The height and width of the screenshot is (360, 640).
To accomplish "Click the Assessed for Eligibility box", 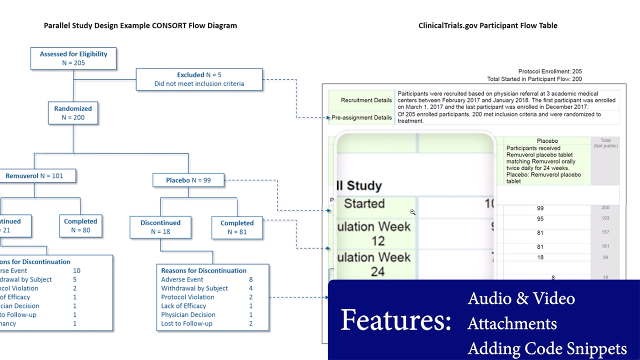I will [x=73, y=58].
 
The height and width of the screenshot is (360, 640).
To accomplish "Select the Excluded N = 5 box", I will [x=199, y=79].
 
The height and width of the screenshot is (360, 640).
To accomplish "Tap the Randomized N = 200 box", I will [x=73, y=113].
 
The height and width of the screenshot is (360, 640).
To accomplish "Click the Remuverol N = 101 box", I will [x=34, y=176].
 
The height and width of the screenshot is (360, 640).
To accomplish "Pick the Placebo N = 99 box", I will [x=188, y=180].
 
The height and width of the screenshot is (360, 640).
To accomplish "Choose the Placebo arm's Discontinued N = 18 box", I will [x=160, y=227].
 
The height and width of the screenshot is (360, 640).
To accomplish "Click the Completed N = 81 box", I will [x=237, y=227].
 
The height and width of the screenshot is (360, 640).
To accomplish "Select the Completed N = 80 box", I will [x=80, y=225].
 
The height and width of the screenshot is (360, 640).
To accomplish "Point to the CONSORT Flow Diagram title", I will [x=140, y=25].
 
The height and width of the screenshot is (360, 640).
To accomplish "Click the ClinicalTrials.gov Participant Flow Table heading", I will [x=487, y=25].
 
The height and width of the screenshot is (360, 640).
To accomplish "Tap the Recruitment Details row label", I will [x=366, y=100].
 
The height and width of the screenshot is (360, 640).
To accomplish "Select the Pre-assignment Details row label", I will [x=361, y=118].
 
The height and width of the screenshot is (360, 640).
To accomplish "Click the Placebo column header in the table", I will [x=547, y=141].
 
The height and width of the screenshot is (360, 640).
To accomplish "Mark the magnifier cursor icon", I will [x=412, y=212].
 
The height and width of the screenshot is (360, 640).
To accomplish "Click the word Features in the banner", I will [x=395, y=320].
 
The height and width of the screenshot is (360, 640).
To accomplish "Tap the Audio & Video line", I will [x=521, y=298].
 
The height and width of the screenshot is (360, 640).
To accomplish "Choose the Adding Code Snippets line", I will [x=547, y=348].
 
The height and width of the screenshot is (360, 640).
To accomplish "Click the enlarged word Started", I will [x=364, y=203].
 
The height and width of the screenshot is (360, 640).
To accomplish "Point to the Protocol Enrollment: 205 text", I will [x=550, y=71].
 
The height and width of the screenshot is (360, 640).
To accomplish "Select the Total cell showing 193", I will [x=605, y=219].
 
